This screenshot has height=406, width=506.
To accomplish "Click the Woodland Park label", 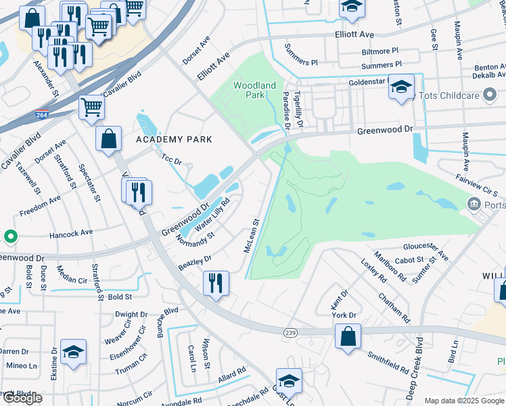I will click(254, 91).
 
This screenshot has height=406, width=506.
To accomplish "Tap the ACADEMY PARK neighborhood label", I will click(174, 139).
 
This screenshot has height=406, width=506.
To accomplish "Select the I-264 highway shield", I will click(42, 115).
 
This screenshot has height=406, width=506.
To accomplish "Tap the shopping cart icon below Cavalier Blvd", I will click(91, 107).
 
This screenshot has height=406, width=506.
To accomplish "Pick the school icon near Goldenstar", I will click(401, 87).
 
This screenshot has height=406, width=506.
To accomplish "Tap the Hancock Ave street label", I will click(71, 233).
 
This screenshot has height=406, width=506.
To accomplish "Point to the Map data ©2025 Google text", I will click(464, 401).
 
